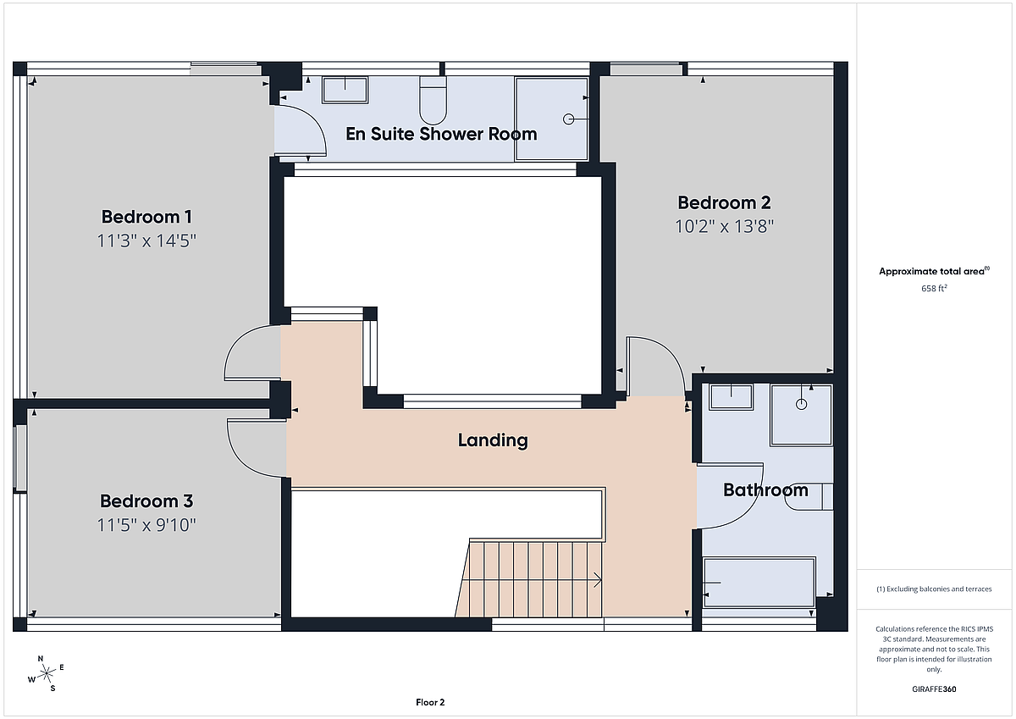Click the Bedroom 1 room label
[146, 217]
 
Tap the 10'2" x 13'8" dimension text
[725, 226]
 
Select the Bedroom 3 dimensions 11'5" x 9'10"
[146, 525]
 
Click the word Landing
[493, 440]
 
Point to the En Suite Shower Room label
[441, 134]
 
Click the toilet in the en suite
[433, 100]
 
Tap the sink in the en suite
[345, 90]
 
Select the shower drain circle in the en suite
[568, 119]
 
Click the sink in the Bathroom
[731, 397]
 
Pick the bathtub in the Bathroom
[759, 583]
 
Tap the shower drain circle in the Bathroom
[802, 404]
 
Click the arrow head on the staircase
[599, 580]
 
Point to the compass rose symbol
[46, 673]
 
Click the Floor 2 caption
[430, 702]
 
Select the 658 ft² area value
[934, 288]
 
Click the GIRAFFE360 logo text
[934, 689]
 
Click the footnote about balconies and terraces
[934, 589]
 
